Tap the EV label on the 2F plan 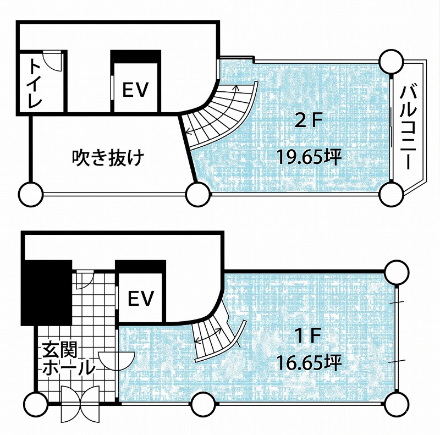(x=135, y=90)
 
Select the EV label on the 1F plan (x=141, y=298)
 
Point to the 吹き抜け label (x=108, y=158)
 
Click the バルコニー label (x=408, y=128)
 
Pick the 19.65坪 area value (x=309, y=157)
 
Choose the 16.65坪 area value (x=309, y=362)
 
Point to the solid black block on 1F (x=47, y=293)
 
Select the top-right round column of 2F (x=391, y=62)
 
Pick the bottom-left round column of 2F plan (x=31, y=194)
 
